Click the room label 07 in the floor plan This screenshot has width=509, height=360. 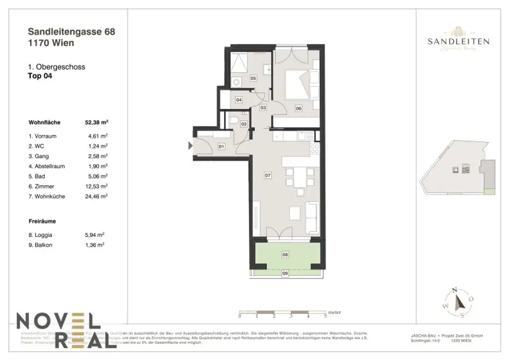[x=268, y=176]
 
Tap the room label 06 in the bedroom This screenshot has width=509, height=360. [x=299, y=108]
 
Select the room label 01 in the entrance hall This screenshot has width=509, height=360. [x=222, y=146]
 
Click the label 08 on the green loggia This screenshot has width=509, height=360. [x=285, y=255]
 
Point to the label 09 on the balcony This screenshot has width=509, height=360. [x=285, y=273]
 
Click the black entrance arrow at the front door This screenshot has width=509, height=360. [x=190, y=146]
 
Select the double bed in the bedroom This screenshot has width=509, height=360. [x=301, y=83]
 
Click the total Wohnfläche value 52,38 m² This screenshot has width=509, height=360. [x=97, y=121]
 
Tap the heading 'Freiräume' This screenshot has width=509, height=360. [x=42, y=222]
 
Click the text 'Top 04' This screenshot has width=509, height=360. [x=40, y=76]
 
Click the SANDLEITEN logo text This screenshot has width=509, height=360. [x=458, y=42]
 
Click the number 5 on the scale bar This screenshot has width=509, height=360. [x=325, y=316]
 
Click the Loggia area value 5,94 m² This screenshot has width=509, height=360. [x=95, y=235]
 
